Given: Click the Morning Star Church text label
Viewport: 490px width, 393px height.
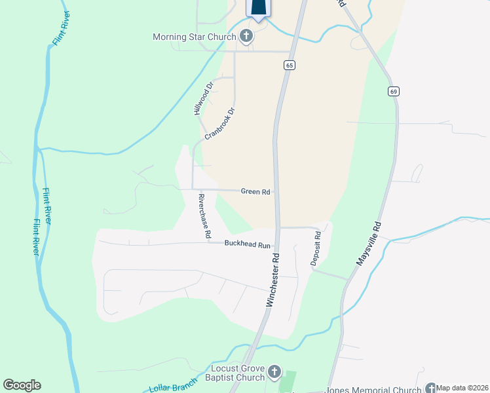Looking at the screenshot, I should coord(194,37).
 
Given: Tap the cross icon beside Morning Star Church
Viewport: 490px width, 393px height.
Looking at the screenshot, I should coord(246,36).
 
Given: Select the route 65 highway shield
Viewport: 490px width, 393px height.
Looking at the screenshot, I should coord(290,65).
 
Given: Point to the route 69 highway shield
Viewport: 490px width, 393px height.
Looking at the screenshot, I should coord(393,91).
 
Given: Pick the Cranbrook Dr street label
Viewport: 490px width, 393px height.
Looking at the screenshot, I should coord(219,124).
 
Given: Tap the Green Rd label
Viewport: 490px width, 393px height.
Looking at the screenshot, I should coord(255,191).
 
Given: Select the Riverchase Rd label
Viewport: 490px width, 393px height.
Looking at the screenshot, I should coord(205,215).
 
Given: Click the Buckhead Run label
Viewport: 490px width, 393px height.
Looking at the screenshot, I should coord(248,244).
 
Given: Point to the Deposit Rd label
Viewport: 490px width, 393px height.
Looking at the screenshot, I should coord(315,248).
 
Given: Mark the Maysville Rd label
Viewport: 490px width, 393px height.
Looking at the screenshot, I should coord(368,242).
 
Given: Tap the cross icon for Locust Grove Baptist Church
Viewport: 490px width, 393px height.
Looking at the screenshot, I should coord(274,373).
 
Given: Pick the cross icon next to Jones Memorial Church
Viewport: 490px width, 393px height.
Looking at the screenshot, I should coord(430,388).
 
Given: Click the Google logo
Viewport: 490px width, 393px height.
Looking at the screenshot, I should coord(22,385).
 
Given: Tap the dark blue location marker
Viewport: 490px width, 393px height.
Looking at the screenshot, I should coord(259,8).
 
